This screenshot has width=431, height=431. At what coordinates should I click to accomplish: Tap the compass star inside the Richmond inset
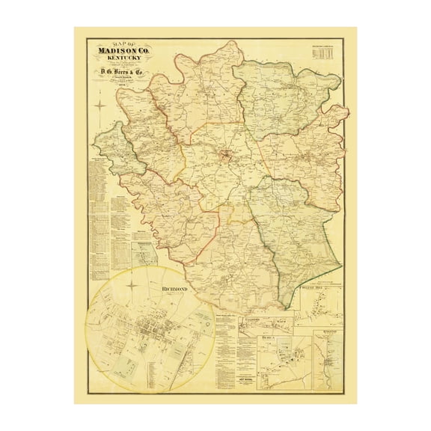pos(132,284)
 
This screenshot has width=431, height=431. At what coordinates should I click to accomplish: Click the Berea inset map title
pos(270,338)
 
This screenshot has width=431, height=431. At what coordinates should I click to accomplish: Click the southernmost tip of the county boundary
pos(283,308)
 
